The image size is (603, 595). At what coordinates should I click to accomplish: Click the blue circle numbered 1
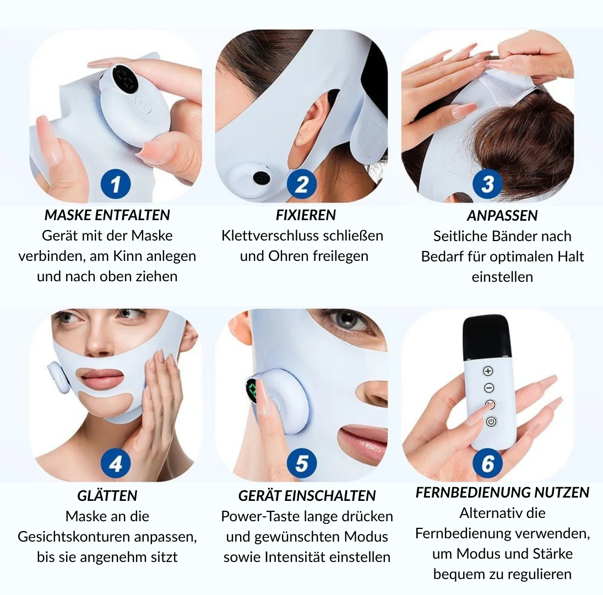point(116,184)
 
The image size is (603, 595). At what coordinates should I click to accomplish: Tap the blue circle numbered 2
point(302,184)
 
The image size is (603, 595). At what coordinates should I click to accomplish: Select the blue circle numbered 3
point(487,184)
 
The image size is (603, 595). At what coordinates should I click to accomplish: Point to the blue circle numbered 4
point(116,463)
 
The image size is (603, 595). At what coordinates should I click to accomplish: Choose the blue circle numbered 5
point(302,463)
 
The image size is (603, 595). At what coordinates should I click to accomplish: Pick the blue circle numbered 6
point(487,463)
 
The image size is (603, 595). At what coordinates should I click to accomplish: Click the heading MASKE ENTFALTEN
point(107,215)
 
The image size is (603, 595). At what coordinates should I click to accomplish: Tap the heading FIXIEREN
point(306,215)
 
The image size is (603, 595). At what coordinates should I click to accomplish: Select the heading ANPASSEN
point(502,216)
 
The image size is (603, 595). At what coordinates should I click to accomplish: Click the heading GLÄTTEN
point(107,495)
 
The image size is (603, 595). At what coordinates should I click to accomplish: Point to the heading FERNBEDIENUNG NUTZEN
point(502,493)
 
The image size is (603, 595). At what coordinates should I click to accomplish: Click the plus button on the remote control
point(488,372)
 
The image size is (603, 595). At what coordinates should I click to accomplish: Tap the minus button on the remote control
point(489,388)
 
